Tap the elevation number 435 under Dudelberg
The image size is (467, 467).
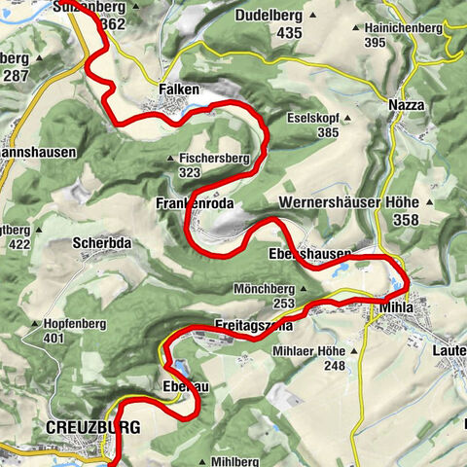click(263, 33)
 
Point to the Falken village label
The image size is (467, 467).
click(178, 90)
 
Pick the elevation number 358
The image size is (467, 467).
click(404, 222)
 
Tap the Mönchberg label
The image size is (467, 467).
click(264, 290)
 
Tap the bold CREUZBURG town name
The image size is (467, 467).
click(93, 427)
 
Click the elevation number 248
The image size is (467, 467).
click(334, 366)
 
